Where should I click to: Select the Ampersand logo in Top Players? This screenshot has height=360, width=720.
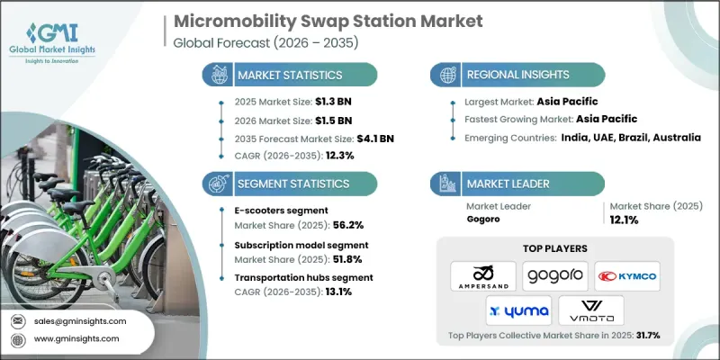[x=482, y=275]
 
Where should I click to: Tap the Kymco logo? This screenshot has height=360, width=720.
[x=629, y=275]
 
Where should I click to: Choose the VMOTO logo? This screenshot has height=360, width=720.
[x=592, y=310]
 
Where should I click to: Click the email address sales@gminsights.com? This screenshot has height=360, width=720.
[x=80, y=320]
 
